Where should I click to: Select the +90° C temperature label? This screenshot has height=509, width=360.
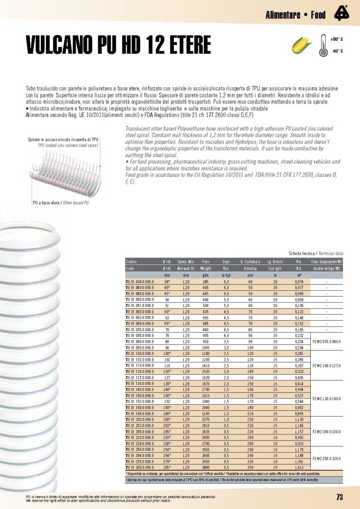coord(337,39)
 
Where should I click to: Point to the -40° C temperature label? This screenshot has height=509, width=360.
coord(337,51)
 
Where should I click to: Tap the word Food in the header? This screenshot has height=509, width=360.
coord(318,14)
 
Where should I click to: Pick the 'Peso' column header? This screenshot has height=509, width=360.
coord(205,261)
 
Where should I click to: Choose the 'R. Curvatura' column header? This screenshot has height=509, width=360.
coord(250,261)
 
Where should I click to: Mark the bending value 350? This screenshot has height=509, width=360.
coord(250,468)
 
